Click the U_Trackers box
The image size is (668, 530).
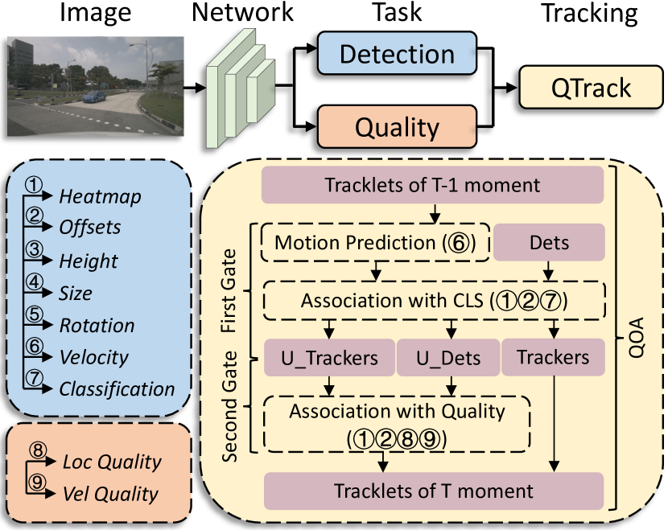click(328, 357)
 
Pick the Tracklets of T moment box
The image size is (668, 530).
click(432, 490)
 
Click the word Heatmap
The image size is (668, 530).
click(101, 196)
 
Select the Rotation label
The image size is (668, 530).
click(97, 326)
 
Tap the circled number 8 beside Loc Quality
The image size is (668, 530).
click(37, 452)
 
